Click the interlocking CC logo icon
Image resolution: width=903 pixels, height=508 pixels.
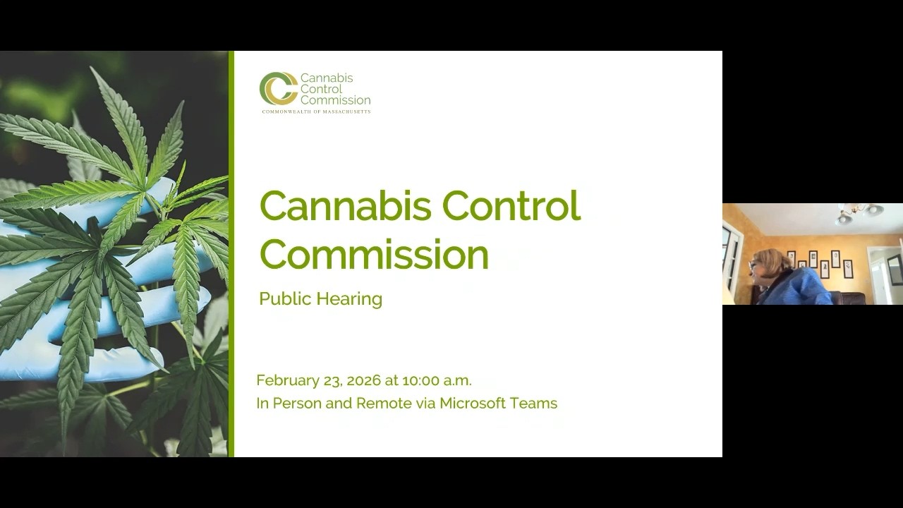tap(278, 89)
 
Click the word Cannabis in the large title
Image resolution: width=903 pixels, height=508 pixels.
tap(346, 206)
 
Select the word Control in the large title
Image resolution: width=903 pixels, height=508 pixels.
tap(511, 206)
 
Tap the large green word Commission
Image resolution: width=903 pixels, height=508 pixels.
tap(374, 255)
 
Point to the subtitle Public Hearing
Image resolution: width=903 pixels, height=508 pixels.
tap(320, 299)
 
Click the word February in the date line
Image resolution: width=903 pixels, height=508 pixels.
tap(288, 381)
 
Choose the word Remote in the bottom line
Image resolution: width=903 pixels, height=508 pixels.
tap(384, 404)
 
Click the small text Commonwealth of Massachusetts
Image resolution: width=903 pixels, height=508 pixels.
tap(316, 111)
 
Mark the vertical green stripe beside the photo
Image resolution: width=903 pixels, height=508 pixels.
tap(231, 254)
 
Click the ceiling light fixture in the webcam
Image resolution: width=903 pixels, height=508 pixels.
tap(858, 214)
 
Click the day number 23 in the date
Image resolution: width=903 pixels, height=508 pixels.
tap(332, 381)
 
